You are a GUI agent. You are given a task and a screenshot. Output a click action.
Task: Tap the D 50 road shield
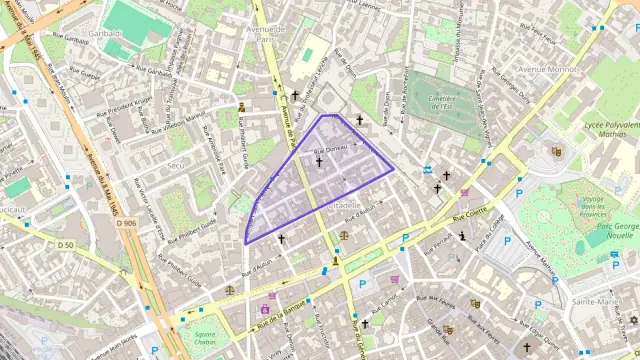pyautogui.click(x=65, y=244)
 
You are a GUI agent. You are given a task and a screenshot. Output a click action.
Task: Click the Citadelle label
pyautogui.click(x=344, y=204)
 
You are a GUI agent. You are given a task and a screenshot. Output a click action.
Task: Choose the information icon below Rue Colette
pyautogui.click(x=462, y=237)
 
